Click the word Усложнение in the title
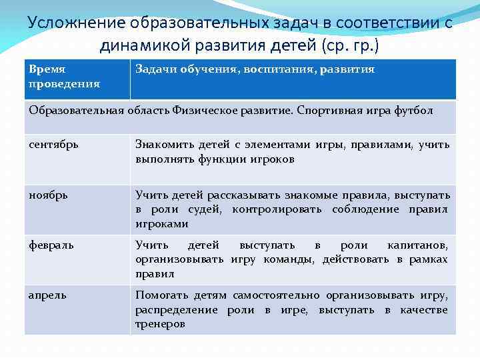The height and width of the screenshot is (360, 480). tap(67, 22)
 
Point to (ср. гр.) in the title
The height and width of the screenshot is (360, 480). tap(350, 45)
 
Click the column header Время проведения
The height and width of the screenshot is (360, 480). tap(65, 77)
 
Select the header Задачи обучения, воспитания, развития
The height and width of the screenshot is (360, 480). tap(255, 69)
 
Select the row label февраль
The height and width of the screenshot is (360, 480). tap(51, 245)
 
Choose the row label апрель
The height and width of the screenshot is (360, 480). tap(47, 295)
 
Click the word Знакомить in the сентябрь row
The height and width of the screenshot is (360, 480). tap(162, 144)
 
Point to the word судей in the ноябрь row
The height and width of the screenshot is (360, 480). tap(205, 210)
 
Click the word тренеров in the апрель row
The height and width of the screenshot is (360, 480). tap(160, 324)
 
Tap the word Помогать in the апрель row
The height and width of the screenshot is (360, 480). tap(161, 295)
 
